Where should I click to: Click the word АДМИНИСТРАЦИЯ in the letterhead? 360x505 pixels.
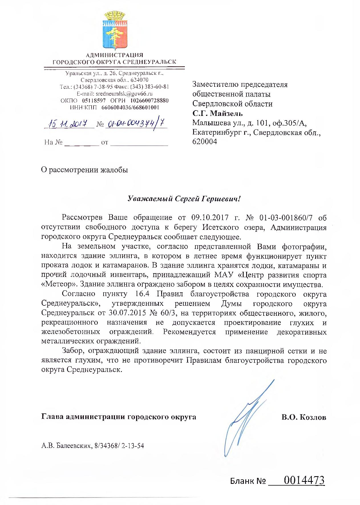coord(114,55)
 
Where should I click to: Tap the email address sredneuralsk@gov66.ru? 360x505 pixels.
coord(123,94)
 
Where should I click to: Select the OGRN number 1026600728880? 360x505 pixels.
coord(149,100)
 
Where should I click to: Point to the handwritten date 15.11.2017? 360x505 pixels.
coord(69,124)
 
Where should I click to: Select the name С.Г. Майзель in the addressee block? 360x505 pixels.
coord(217,113)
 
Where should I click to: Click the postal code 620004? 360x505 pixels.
coord(205,141)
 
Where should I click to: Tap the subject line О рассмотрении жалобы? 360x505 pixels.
coord(85,170)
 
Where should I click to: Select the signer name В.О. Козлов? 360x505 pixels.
coord(304,417)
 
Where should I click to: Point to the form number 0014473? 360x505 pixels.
coord(304,480)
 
